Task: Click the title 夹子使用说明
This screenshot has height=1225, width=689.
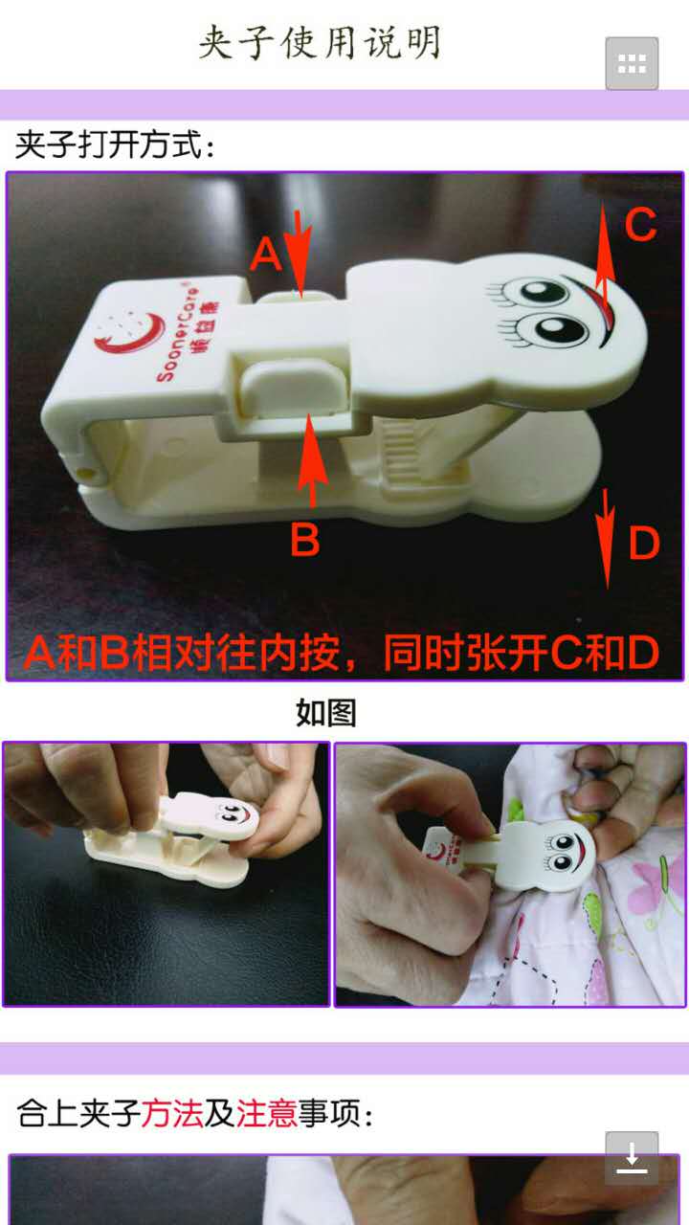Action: (x=320, y=42)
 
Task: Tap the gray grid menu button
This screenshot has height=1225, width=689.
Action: (x=632, y=63)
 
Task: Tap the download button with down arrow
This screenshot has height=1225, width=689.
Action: (x=632, y=1157)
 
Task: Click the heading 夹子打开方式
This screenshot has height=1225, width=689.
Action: (x=115, y=145)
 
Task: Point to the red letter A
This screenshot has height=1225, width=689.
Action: (x=266, y=255)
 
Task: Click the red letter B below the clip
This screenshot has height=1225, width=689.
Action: (x=304, y=539)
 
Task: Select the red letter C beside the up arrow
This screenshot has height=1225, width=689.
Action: (x=640, y=224)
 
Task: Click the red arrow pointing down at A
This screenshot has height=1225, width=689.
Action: (x=300, y=255)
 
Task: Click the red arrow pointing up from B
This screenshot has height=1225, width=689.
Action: (x=312, y=460)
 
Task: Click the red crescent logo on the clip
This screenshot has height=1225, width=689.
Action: (x=129, y=334)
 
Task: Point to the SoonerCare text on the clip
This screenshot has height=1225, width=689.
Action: (x=176, y=335)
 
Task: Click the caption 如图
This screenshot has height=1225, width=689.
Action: (x=326, y=713)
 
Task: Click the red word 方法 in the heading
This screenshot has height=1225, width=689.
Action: (x=171, y=1112)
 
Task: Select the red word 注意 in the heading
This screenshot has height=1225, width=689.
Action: (x=267, y=1112)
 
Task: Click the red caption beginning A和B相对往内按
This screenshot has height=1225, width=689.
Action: (x=343, y=653)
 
